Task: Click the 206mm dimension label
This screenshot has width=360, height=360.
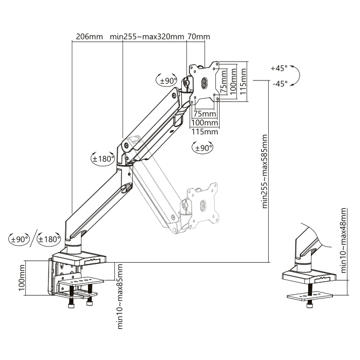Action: coord(89,37)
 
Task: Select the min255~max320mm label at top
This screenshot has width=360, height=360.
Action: coord(147,37)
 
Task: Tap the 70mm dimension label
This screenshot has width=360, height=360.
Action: coord(199,37)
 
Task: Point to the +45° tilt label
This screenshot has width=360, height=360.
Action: coord(279,69)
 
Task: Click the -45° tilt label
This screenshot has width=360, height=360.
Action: coord(280,84)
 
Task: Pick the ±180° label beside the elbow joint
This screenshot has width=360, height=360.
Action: coord(103,159)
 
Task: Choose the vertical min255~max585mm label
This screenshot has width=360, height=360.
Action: coord(264,172)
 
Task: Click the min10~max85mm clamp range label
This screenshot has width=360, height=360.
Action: coord(120,297)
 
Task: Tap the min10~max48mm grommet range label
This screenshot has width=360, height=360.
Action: coord(343,240)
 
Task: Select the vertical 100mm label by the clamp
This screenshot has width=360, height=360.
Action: coord(22,277)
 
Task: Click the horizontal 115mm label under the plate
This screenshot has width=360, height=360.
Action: coord(205,132)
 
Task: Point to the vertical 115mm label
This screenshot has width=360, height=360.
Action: coord(243,81)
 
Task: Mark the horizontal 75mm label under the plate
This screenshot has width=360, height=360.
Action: coord(205,114)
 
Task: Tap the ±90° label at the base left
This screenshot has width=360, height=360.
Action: coord(20,239)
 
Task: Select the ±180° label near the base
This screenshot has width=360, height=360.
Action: coord(49,239)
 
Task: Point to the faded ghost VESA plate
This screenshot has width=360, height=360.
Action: coord(202,206)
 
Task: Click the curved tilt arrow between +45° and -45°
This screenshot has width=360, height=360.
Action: coord(300,76)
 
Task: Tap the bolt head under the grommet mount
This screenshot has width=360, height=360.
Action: coord(309,305)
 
